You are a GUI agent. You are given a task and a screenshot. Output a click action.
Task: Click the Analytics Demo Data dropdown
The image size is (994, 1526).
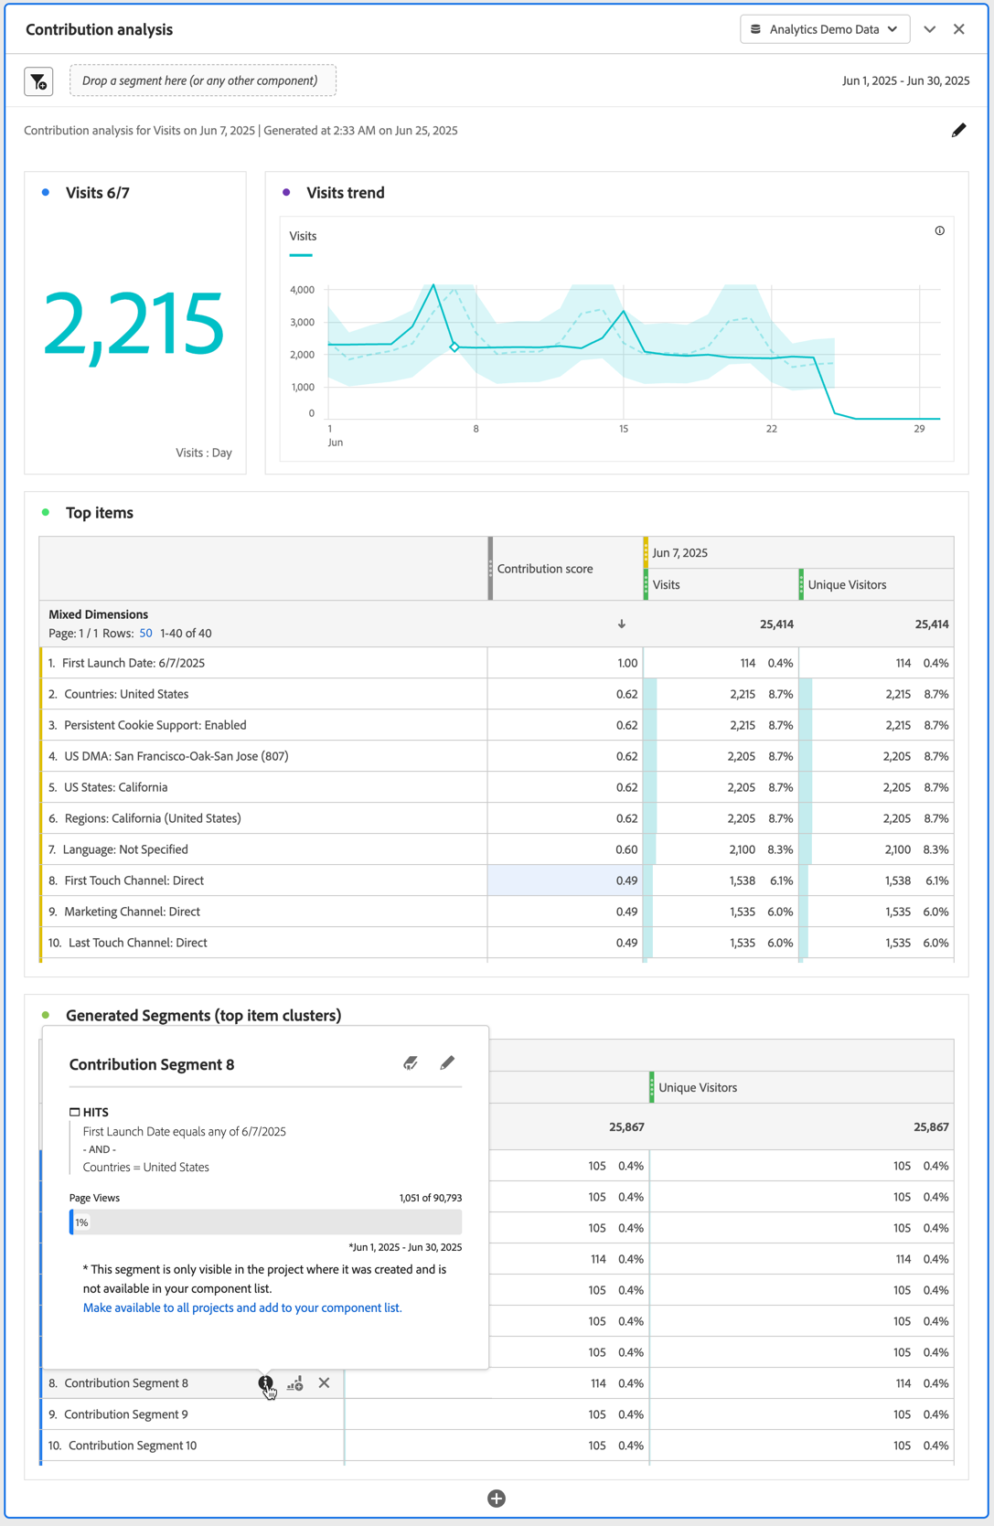tap(824, 29)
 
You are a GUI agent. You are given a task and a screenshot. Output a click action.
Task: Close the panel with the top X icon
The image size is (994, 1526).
tap(959, 29)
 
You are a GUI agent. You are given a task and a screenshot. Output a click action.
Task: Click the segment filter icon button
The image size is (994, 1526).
tap(38, 81)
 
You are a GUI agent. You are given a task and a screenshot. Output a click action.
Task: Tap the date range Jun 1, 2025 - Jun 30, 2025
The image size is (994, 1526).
tap(905, 80)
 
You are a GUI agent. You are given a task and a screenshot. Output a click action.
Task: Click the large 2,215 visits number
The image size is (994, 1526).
tap(134, 324)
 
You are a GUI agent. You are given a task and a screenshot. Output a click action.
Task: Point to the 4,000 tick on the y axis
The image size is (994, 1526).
tap(302, 290)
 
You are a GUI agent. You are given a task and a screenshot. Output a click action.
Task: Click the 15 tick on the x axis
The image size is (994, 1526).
tap(624, 429)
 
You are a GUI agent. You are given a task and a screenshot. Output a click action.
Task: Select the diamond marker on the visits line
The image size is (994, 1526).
tap(454, 347)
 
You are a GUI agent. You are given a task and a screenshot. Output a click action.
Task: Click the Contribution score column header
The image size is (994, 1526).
tap(545, 569)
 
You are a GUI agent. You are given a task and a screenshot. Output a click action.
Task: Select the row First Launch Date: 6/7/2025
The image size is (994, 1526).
tap(134, 663)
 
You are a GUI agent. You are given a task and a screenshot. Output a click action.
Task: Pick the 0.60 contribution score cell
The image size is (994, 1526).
tap(626, 849)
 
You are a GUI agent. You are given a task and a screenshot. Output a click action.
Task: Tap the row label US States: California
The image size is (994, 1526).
tap(116, 787)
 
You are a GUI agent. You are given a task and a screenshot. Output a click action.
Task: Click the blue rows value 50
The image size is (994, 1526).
tap(145, 633)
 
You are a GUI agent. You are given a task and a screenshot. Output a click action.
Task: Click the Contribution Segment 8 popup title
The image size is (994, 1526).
tap(152, 1064)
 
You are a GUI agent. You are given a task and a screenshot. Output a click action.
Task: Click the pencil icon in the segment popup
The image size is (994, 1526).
tap(447, 1062)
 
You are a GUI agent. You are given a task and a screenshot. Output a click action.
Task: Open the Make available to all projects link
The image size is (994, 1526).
tap(242, 1307)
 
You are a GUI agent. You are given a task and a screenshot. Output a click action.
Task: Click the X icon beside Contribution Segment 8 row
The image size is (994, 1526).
tap(324, 1383)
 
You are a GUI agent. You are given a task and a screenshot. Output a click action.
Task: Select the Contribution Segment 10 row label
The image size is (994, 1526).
tap(133, 1446)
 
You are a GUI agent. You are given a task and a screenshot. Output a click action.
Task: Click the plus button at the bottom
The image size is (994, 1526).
tap(497, 1498)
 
